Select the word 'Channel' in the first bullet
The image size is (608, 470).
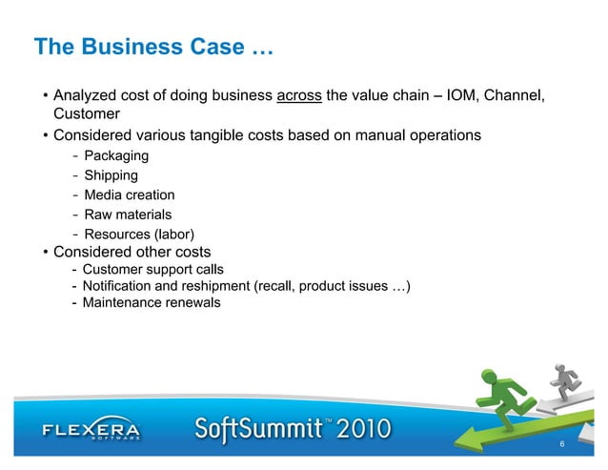coord(517,95)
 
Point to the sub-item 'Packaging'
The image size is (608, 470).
coord(116,155)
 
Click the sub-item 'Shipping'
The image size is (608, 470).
coord(111,175)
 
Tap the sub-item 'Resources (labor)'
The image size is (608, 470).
coord(139,235)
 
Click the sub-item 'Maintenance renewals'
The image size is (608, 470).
coord(151,303)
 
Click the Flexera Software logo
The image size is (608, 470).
coord(91,432)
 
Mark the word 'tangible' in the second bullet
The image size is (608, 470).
coord(222,135)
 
